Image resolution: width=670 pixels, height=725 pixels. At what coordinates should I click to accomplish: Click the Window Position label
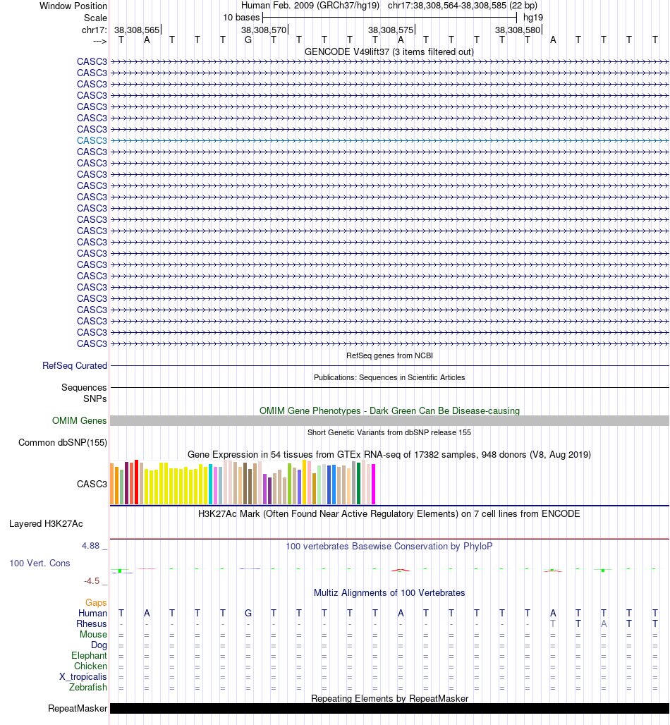pos(73,6)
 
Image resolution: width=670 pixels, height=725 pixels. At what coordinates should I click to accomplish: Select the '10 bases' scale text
pos(241,17)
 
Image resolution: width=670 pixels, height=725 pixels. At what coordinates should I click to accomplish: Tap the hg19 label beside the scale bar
pos(532,17)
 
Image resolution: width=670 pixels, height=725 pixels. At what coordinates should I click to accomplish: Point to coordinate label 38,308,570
pos(264,30)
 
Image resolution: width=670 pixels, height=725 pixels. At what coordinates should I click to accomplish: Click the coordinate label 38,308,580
pos(518,30)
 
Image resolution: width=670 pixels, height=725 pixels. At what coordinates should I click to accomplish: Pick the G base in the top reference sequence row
pos(248,39)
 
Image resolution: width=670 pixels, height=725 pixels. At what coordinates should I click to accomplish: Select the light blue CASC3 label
pos(92,140)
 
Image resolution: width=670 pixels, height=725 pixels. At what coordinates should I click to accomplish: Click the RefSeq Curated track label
pos(75,366)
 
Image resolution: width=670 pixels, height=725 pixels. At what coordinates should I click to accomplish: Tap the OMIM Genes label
pos(80,421)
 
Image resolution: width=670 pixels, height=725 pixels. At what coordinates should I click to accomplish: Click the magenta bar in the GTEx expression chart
pos(373,484)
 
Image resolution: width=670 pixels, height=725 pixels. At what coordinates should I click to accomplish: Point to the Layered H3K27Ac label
pos(46,524)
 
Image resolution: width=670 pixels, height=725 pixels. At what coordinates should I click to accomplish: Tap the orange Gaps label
pos(96,602)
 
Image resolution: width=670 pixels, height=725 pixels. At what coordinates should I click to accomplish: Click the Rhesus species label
pos(92,624)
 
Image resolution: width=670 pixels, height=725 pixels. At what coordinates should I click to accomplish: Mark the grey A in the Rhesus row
pos(604,624)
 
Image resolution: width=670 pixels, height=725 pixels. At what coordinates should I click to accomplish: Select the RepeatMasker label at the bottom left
pos(78,709)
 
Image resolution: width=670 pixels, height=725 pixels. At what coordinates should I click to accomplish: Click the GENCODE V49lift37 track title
pos(389,51)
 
